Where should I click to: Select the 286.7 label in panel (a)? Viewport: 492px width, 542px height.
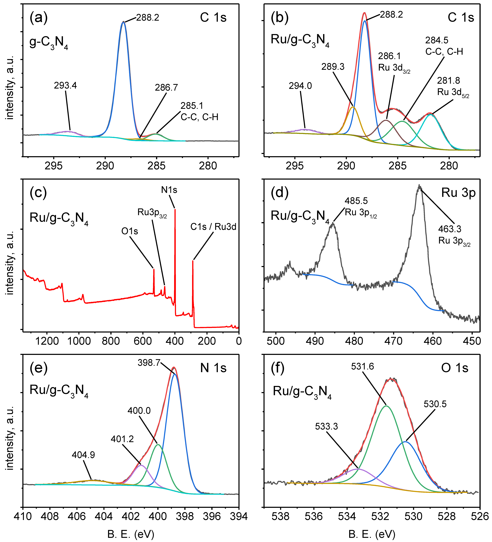166,88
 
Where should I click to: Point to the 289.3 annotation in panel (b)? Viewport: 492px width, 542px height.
333,67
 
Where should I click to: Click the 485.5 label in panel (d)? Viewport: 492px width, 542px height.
356,201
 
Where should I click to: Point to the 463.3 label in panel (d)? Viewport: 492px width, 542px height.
449,229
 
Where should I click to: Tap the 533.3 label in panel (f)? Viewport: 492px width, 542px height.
326,426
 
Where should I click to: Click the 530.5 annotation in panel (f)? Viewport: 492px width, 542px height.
435,404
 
